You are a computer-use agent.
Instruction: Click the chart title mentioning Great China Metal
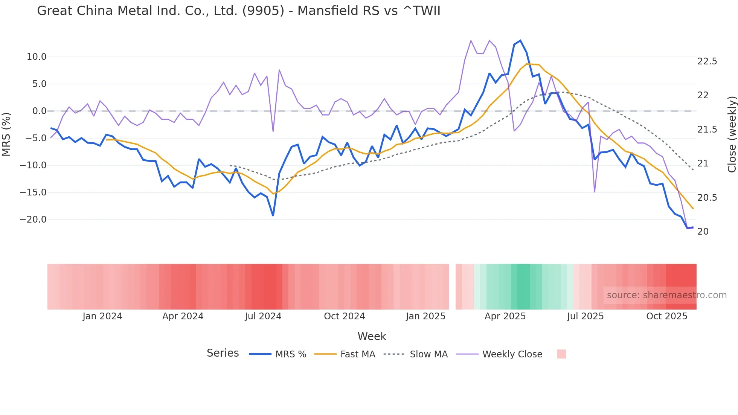pos(238,11)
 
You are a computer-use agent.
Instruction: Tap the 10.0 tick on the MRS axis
pos(37,57)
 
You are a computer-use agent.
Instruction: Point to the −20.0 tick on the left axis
pos(33,220)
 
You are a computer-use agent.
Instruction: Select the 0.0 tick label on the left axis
pos(39,111)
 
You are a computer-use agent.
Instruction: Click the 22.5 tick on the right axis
pos(707,61)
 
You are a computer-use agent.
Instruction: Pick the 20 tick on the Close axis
pos(703,232)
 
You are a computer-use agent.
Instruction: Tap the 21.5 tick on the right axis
pos(707,130)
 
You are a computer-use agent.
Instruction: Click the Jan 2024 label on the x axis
pos(102,316)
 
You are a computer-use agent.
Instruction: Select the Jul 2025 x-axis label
pos(585,316)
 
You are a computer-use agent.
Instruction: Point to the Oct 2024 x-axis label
pos(344,316)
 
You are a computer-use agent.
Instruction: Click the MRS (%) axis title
pos(6,134)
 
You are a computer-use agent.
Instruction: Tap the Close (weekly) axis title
pos(732,134)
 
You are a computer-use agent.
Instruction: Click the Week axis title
pos(372,336)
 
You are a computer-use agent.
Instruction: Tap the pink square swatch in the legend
pos(561,354)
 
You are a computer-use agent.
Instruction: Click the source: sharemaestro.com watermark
pos(666,295)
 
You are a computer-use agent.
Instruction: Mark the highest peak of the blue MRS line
pos(520,41)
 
